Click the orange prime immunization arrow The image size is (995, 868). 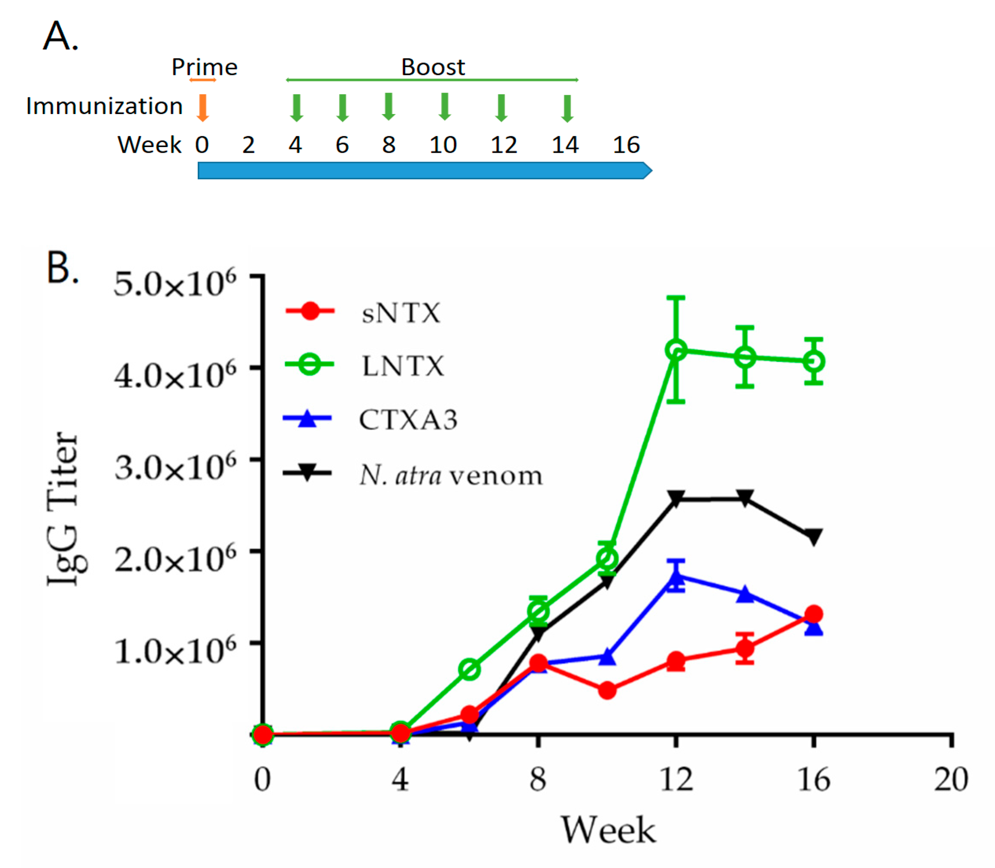click(x=202, y=108)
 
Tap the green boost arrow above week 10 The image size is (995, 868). click(x=444, y=106)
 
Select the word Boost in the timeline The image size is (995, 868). click(x=433, y=67)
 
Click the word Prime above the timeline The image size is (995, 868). click(x=205, y=67)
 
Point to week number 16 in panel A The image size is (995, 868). click(x=626, y=145)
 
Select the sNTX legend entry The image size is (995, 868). click(x=401, y=313)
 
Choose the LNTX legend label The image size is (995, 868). click(x=403, y=366)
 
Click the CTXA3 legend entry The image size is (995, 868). click(x=408, y=420)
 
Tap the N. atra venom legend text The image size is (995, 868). click(x=450, y=476)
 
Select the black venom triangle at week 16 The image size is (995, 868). click(x=814, y=536)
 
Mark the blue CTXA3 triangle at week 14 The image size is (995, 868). click(x=745, y=594)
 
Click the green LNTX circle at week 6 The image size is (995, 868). click(x=469, y=669)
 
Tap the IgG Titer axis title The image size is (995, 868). click(x=63, y=509)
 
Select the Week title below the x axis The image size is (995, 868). click(x=608, y=830)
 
